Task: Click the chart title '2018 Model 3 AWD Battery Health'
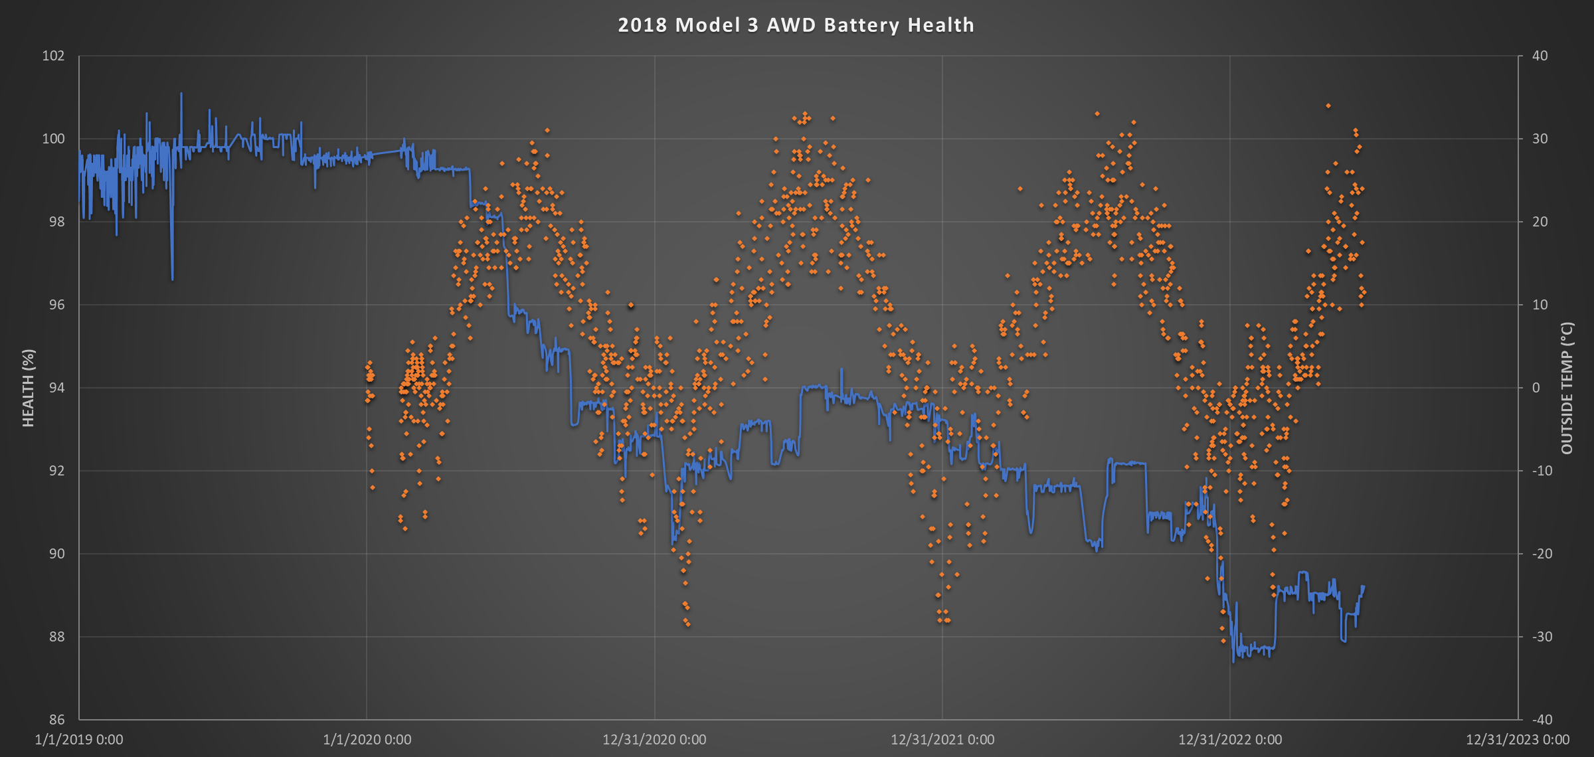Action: coord(796,25)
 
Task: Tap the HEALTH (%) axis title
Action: coord(28,388)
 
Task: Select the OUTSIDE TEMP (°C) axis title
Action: coord(1567,388)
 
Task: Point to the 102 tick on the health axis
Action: coord(53,56)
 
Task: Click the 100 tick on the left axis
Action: coord(53,139)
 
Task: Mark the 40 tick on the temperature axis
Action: coord(1540,56)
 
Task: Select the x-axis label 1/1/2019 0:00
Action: coord(79,740)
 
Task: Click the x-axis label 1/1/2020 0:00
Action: coord(367,740)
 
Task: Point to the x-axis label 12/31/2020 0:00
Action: coord(654,740)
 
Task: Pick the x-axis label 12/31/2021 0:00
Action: coord(942,740)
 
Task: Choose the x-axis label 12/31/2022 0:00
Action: coord(1230,740)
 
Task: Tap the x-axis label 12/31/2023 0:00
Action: coord(1518,740)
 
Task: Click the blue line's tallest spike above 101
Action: coord(181,94)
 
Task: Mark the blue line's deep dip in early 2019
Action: coord(172,278)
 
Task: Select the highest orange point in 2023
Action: coord(1328,106)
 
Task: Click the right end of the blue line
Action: coord(1364,586)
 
